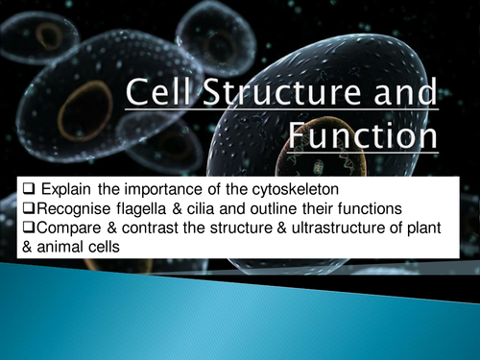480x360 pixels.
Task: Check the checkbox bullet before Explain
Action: [x=12, y=185]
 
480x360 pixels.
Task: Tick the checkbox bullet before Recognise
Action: [x=11, y=205]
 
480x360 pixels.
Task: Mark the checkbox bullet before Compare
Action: [x=11, y=226]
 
